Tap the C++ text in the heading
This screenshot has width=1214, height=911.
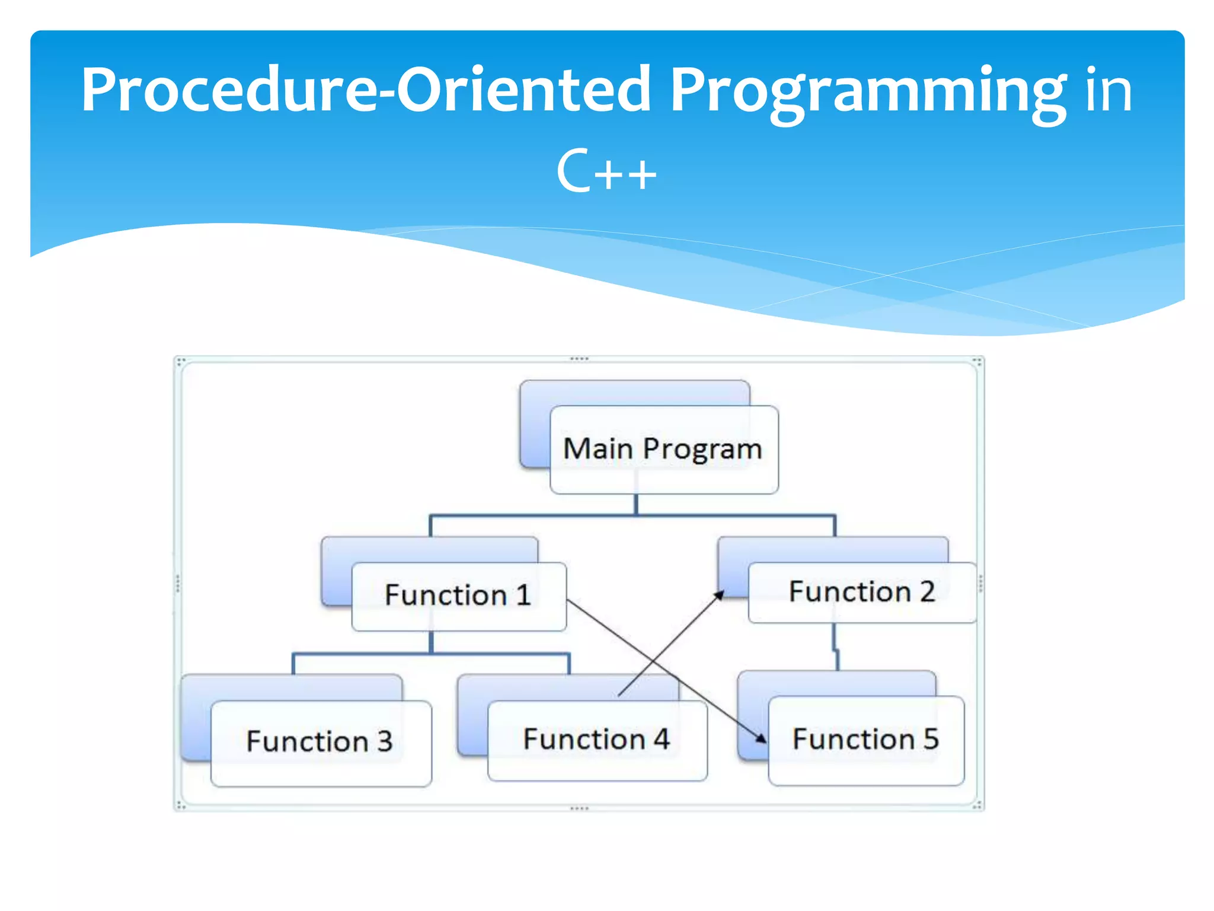pyautogui.click(x=606, y=172)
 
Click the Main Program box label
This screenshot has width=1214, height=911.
pyautogui.click(x=662, y=449)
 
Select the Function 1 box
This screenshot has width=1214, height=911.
pyautogui.click(x=458, y=595)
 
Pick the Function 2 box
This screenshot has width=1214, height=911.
pyautogui.click(x=862, y=592)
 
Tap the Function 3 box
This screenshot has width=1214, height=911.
pyautogui.click(x=320, y=742)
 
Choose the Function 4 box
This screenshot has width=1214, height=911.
pyautogui.click(x=596, y=740)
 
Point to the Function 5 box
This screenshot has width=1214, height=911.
pyautogui.click(x=865, y=740)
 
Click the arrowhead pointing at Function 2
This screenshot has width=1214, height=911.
pyautogui.click(x=719, y=595)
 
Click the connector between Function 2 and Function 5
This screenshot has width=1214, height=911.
pyautogui.click(x=835, y=646)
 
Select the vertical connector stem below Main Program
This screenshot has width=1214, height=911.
pyautogui.click(x=636, y=504)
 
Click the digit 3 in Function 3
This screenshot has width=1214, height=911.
pyautogui.click(x=385, y=742)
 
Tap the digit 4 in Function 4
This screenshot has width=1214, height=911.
pyautogui.click(x=661, y=740)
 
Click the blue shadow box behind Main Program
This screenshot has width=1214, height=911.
pyautogui.click(x=533, y=427)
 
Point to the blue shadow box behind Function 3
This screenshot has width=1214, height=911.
pyautogui.click(x=196, y=718)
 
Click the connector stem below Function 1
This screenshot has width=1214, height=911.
pyautogui.click(x=431, y=642)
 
